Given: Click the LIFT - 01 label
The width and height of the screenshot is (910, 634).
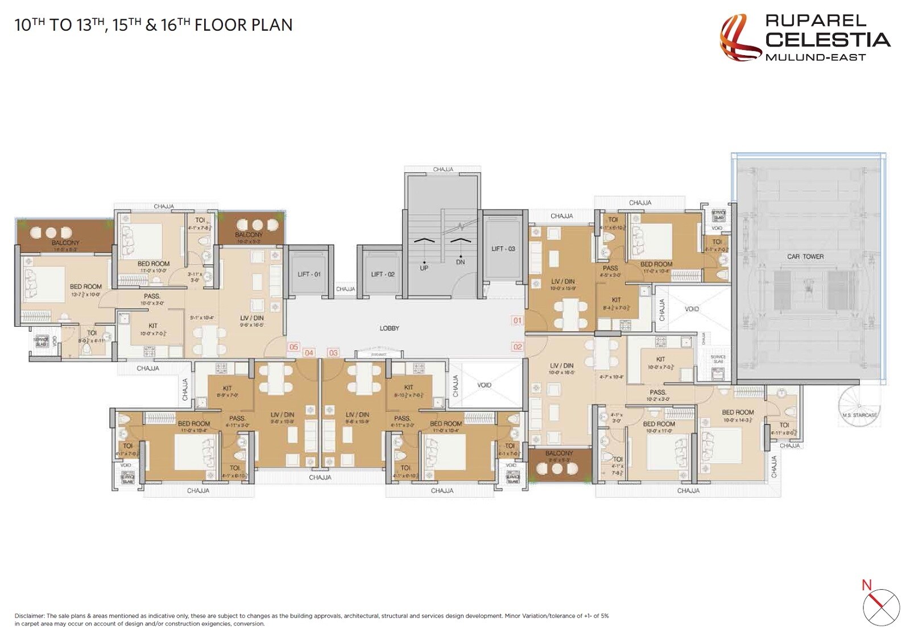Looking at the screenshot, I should (x=309, y=274).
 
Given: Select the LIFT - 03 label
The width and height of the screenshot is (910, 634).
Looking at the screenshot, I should (x=503, y=249).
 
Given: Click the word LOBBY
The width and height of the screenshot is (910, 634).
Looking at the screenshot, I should (x=390, y=328).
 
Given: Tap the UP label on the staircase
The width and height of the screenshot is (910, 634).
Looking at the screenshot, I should (x=424, y=268).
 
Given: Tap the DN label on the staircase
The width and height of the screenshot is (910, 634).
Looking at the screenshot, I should (x=460, y=262).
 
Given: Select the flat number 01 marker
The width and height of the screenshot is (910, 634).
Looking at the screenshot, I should (x=517, y=320).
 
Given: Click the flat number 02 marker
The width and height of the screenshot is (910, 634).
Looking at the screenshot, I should (x=517, y=347).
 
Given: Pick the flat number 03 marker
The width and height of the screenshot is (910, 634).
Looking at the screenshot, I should (x=333, y=353).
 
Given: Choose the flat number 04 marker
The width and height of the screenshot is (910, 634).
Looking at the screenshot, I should (x=309, y=353).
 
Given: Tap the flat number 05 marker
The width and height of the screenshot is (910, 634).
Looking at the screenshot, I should (x=293, y=347).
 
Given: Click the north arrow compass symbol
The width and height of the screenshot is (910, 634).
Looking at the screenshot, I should (x=881, y=607).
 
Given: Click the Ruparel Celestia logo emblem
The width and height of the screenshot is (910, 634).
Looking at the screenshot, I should (x=740, y=39).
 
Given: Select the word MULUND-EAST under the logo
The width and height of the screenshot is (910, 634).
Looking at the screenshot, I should (x=815, y=57).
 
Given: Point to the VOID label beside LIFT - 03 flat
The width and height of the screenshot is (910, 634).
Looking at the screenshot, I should (x=692, y=309).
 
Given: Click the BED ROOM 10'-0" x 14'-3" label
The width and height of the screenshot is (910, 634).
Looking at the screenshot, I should (x=738, y=416).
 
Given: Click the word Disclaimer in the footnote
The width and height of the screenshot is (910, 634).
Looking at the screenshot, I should (x=29, y=616).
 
